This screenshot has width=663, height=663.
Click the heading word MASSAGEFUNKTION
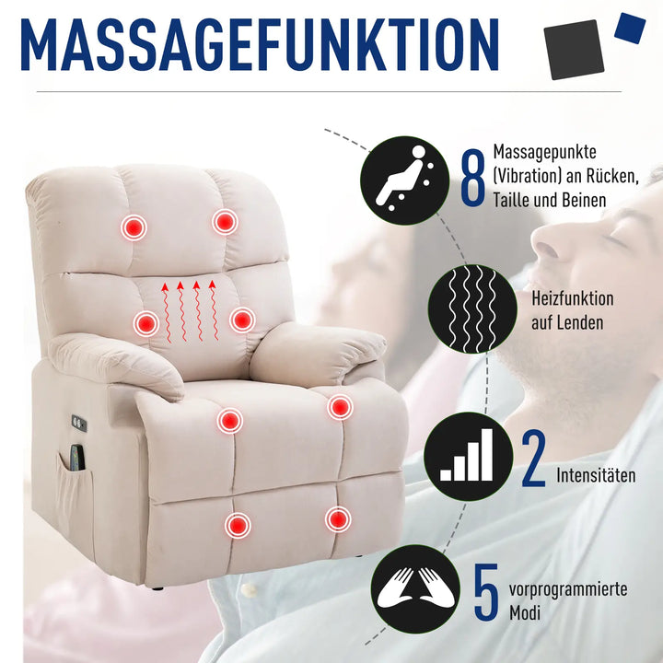[x=260, y=43]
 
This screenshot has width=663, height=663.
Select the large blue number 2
[x=533, y=459]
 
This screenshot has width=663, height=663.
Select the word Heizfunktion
[x=573, y=299]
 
